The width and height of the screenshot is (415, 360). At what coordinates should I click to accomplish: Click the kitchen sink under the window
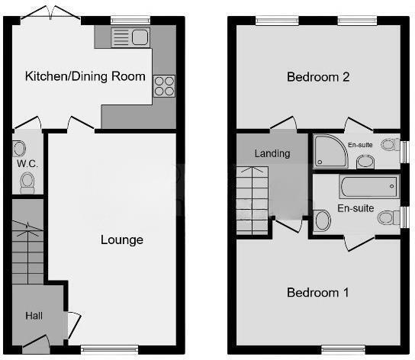tap(130, 37)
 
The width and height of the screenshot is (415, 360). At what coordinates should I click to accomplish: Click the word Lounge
tap(122, 239)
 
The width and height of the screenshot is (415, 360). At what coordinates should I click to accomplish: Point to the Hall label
tap(34, 315)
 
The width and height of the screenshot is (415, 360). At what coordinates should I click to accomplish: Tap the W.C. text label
tap(27, 164)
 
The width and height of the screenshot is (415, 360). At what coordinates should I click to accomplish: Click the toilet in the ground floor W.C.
tap(28, 182)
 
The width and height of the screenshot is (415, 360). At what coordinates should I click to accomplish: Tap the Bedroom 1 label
tap(317, 293)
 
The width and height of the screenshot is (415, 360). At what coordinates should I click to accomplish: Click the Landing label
tap(272, 153)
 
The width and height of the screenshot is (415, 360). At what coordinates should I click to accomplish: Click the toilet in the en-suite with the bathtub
tap(388, 217)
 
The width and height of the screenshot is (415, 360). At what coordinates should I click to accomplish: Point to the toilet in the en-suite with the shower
tap(388, 144)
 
